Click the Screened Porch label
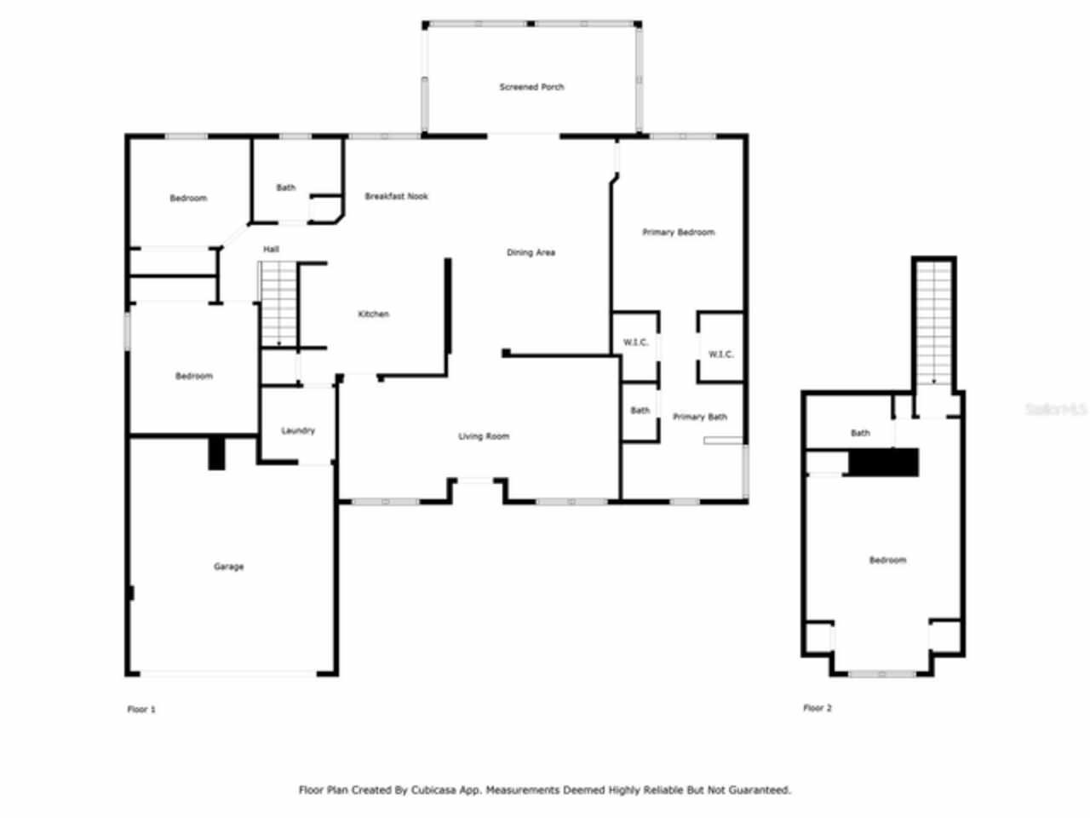tap(531, 87)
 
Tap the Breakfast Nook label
tap(396, 197)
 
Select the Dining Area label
tap(531, 253)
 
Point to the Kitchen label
tap(373, 314)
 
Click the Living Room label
tap(484, 437)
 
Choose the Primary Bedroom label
tap(678, 233)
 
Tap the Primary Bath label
tap(699, 418)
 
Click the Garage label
tap(228, 567)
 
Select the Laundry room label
tap(298, 431)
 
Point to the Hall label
tap(271, 250)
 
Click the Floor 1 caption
tap(141, 709)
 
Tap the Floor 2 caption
tap(817, 708)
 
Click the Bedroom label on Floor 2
tap(887, 561)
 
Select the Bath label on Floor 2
tap(860, 434)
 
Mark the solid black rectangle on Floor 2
tap(884, 463)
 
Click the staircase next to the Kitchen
tap(278, 304)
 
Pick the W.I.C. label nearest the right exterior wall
tap(720, 354)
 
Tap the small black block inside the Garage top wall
tap(217, 453)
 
